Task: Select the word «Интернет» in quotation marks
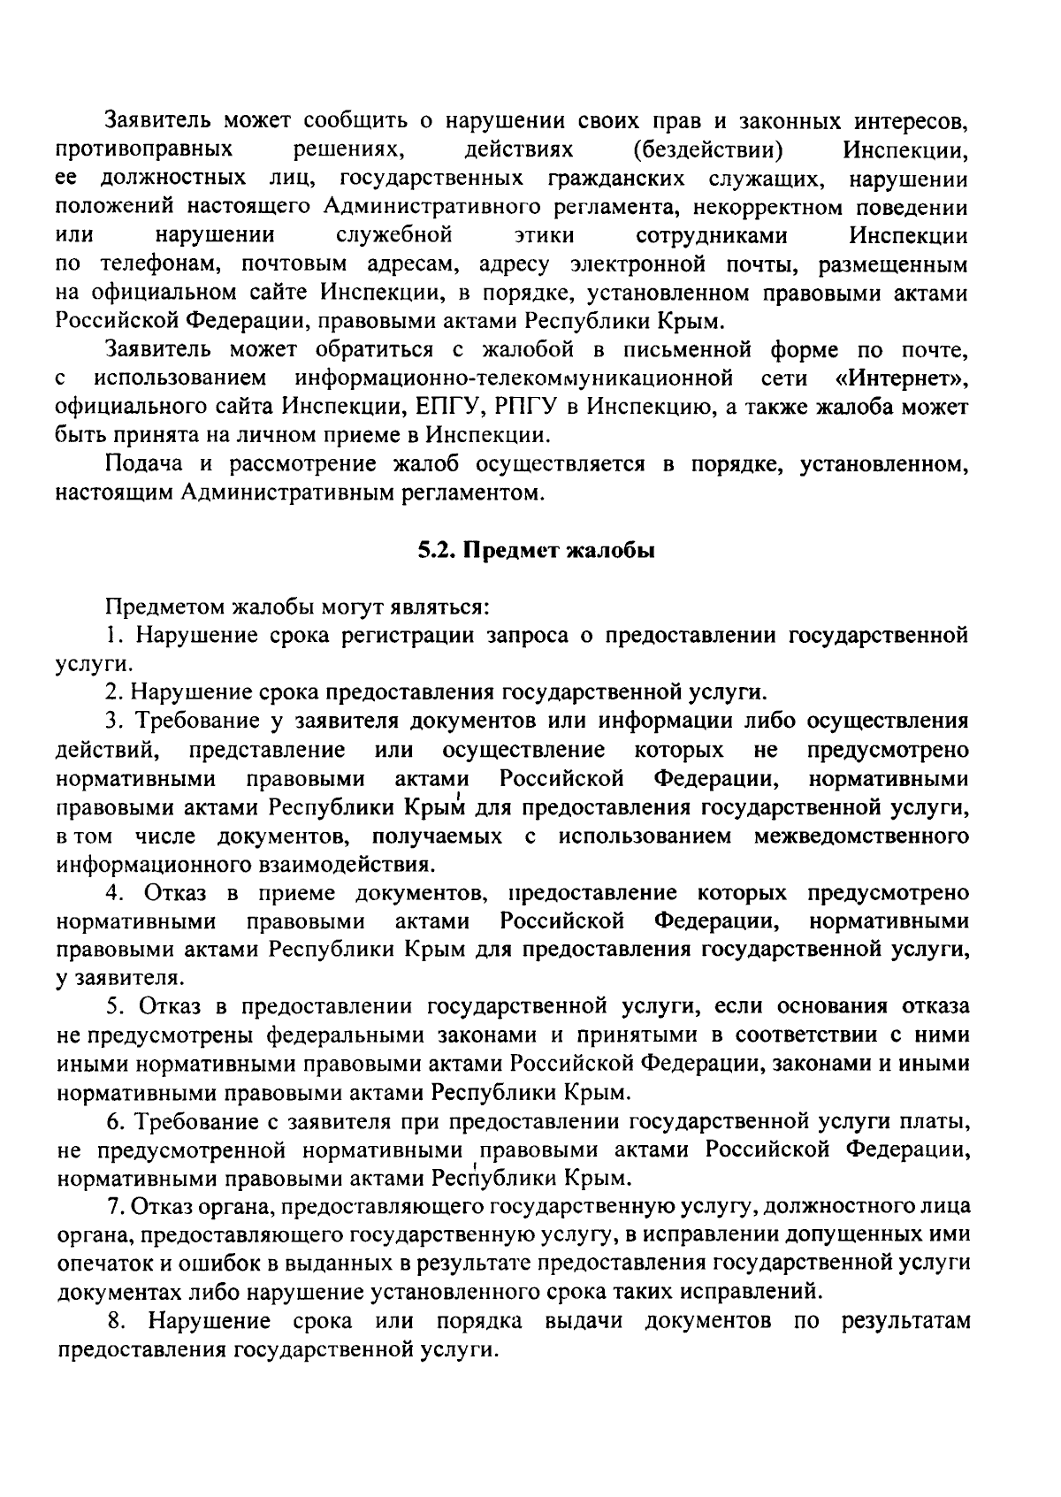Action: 902,379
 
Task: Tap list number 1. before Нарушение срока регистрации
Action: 112,635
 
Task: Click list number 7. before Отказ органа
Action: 112,1206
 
